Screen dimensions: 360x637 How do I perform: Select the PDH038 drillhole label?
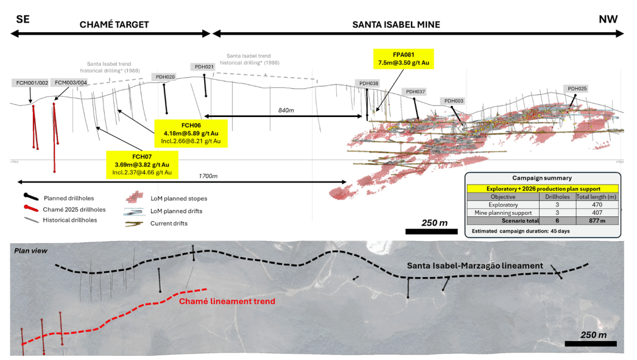coord(368,83)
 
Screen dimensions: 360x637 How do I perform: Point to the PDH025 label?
coord(577,88)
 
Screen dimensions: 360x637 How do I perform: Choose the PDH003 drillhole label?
coord(454,101)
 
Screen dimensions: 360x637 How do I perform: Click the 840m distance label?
coord(286,110)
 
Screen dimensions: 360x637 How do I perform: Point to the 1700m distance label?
coord(208,176)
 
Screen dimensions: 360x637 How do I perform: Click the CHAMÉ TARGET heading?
coord(114,25)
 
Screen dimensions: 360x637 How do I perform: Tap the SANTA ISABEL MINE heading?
coord(396,25)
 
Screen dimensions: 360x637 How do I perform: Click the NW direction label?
coord(608,19)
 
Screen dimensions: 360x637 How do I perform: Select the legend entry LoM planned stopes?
coord(178,199)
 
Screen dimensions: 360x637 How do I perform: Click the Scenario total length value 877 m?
coord(597,221)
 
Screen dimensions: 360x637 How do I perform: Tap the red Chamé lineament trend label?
coord(227,302)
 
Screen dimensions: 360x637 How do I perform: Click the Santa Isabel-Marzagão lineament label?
coord(475,266)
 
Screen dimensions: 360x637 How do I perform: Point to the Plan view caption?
coord(30,251)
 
